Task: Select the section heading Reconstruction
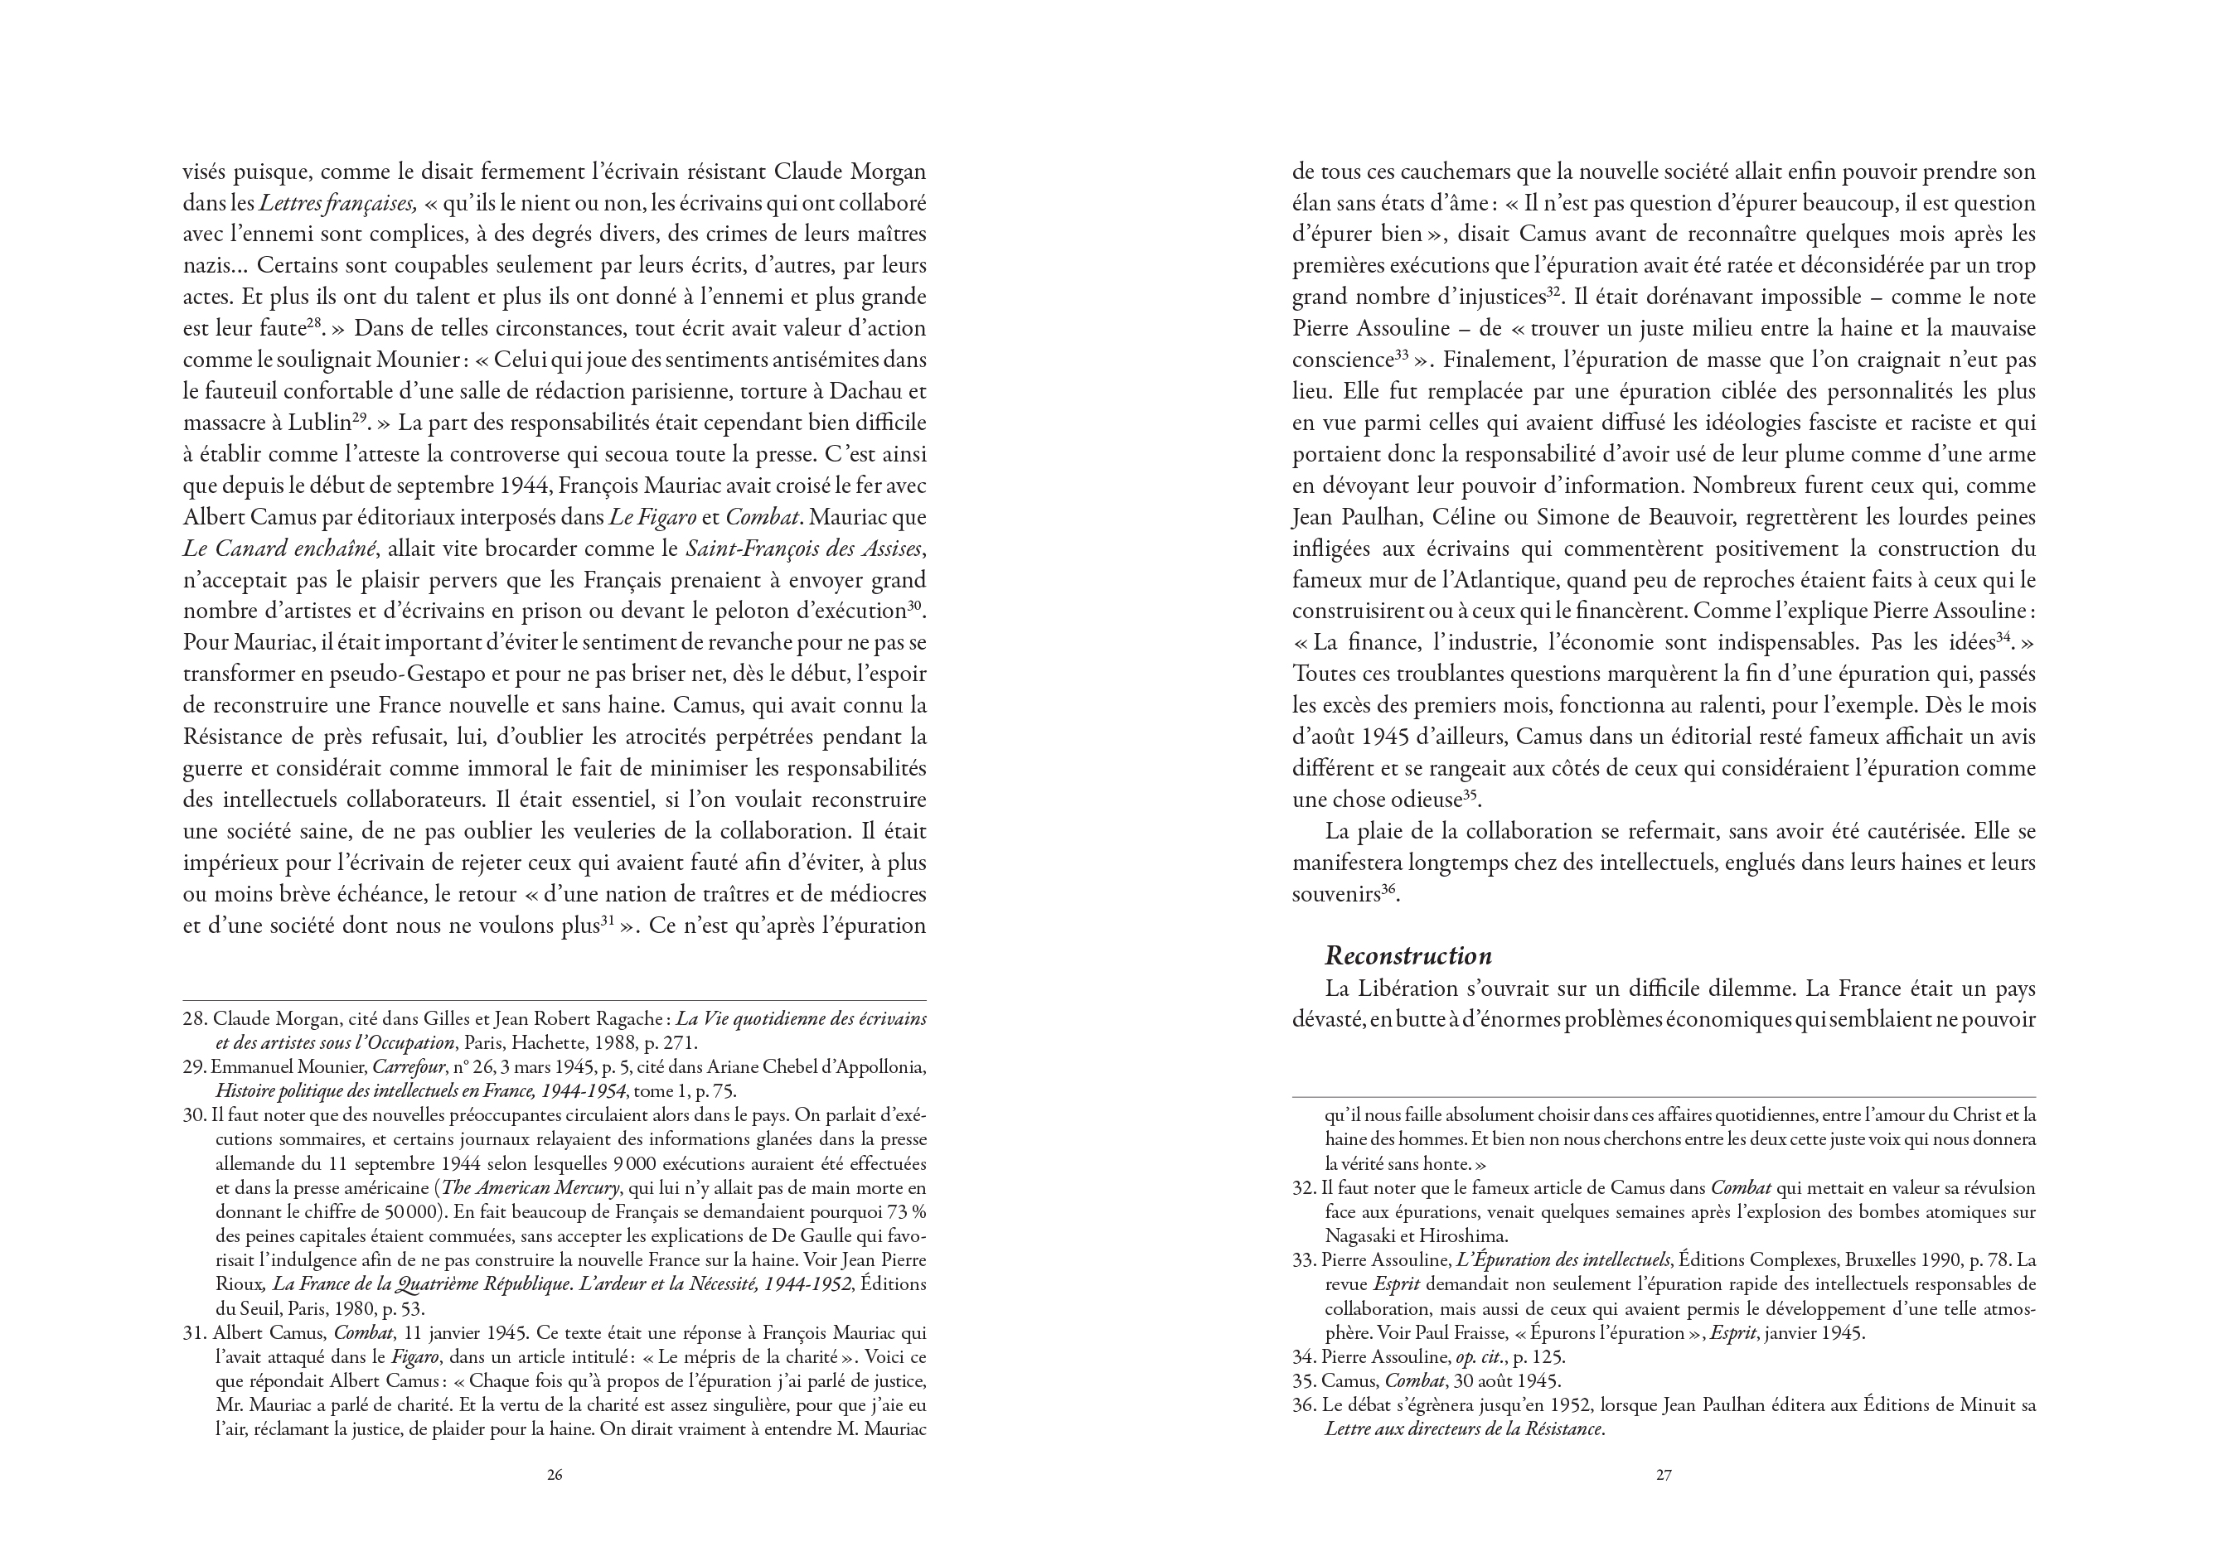tap(1408, 956)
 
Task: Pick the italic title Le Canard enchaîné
tap(279, 549)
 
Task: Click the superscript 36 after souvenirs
tap(1388, 891)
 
